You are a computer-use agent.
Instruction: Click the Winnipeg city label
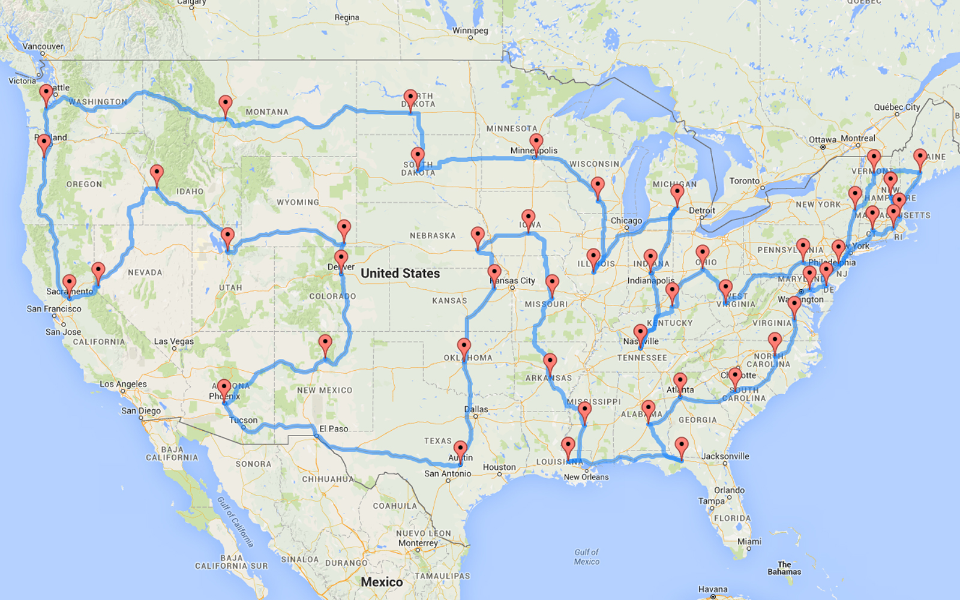click(470, 31)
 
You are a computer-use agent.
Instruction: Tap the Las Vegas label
click(173, 341)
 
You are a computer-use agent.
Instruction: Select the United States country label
click(400, 274)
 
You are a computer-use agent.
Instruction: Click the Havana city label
click(713, 589)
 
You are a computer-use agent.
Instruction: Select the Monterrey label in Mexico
click(418, 543)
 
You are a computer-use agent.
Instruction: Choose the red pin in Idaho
click(157, 175)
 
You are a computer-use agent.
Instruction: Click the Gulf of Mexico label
click(586, 557)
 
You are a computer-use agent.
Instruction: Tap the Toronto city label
click(744, 181)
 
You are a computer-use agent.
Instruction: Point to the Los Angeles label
click(123, 384)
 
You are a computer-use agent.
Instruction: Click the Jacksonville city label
click(725, 456)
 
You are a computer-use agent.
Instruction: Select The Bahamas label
click(784, 568)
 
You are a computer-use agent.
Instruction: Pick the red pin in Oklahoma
click(464, 348)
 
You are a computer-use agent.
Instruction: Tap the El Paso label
click(334, 428)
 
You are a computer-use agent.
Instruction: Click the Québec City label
click(896, 107)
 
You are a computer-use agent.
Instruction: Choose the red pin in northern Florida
click(681, 447)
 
